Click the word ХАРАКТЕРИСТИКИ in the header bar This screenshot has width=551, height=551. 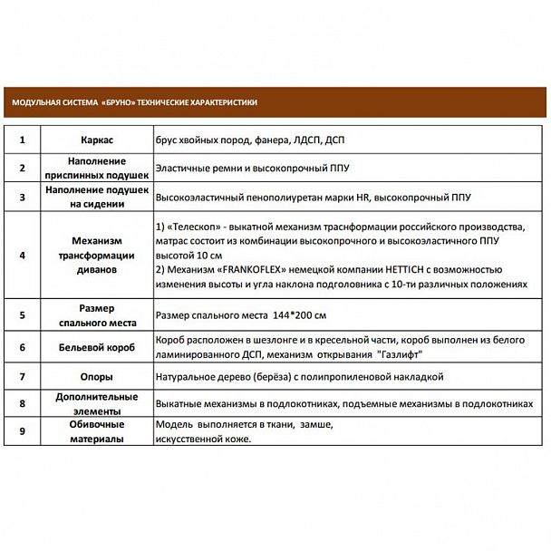point(225,102)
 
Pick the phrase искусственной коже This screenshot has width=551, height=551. point(204,440)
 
